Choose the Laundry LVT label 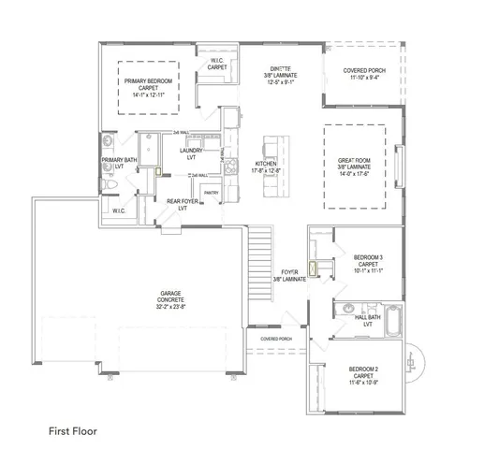tap(191, 153)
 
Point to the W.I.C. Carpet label tap(217, 65)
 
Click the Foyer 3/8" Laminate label tap(290, 275)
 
